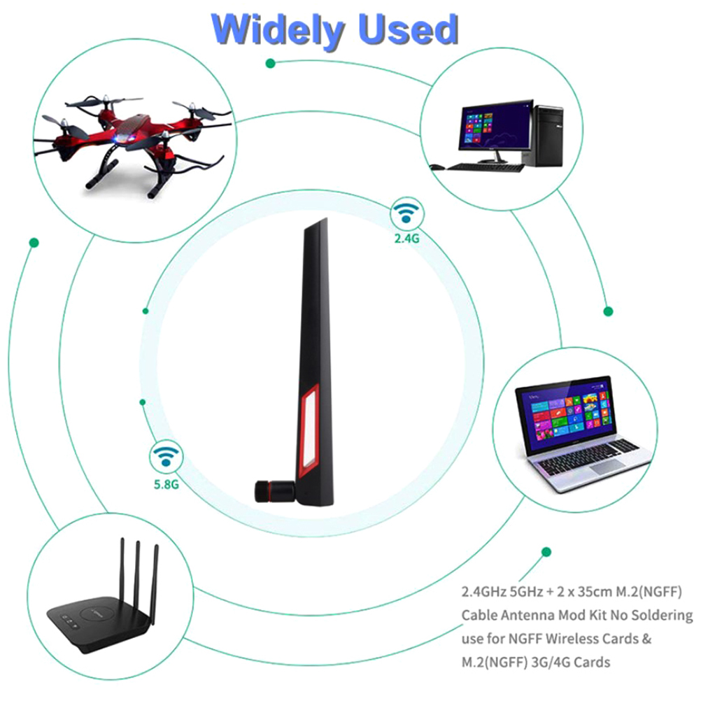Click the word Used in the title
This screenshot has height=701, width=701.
pyautogui.click(x=409, y=29)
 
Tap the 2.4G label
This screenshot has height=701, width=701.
pyautogui.click(x=407, y=239)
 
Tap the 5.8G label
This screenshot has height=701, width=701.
pyautogui.click(x=167, y=484)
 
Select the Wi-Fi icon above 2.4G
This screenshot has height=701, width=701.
pyautogui.click(x=406, y=213)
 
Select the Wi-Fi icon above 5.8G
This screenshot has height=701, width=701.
pyautogui.click(x=166, y=456)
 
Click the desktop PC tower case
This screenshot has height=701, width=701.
pyautogui.click(x=543, y=135)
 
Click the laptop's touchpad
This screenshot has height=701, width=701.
pyautogui.click(x=607, y=467)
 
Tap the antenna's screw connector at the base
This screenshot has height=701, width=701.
pyautogui.click(x=274, y=491)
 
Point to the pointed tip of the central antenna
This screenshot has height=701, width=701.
pyautogui.click(x=326, y=218)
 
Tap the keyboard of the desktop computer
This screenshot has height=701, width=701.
pyautogui.click(x=486, y=168)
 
